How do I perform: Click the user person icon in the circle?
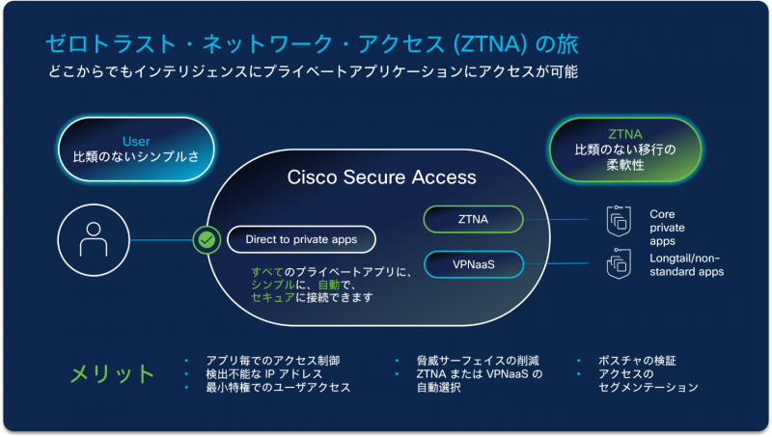(93, 239)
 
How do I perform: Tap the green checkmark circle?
(207, 239)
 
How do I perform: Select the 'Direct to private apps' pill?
(301, 239)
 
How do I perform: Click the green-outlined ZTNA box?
(473, 220)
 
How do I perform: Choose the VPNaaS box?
(473, 263)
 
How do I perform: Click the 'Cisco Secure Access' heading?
(382, 178)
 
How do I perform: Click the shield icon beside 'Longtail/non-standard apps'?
(618, 264)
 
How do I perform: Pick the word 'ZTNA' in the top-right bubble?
(625, 134)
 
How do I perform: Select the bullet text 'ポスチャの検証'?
(638, 361)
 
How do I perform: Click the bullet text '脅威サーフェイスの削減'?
(472, 361)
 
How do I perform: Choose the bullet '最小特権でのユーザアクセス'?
(278, 388)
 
